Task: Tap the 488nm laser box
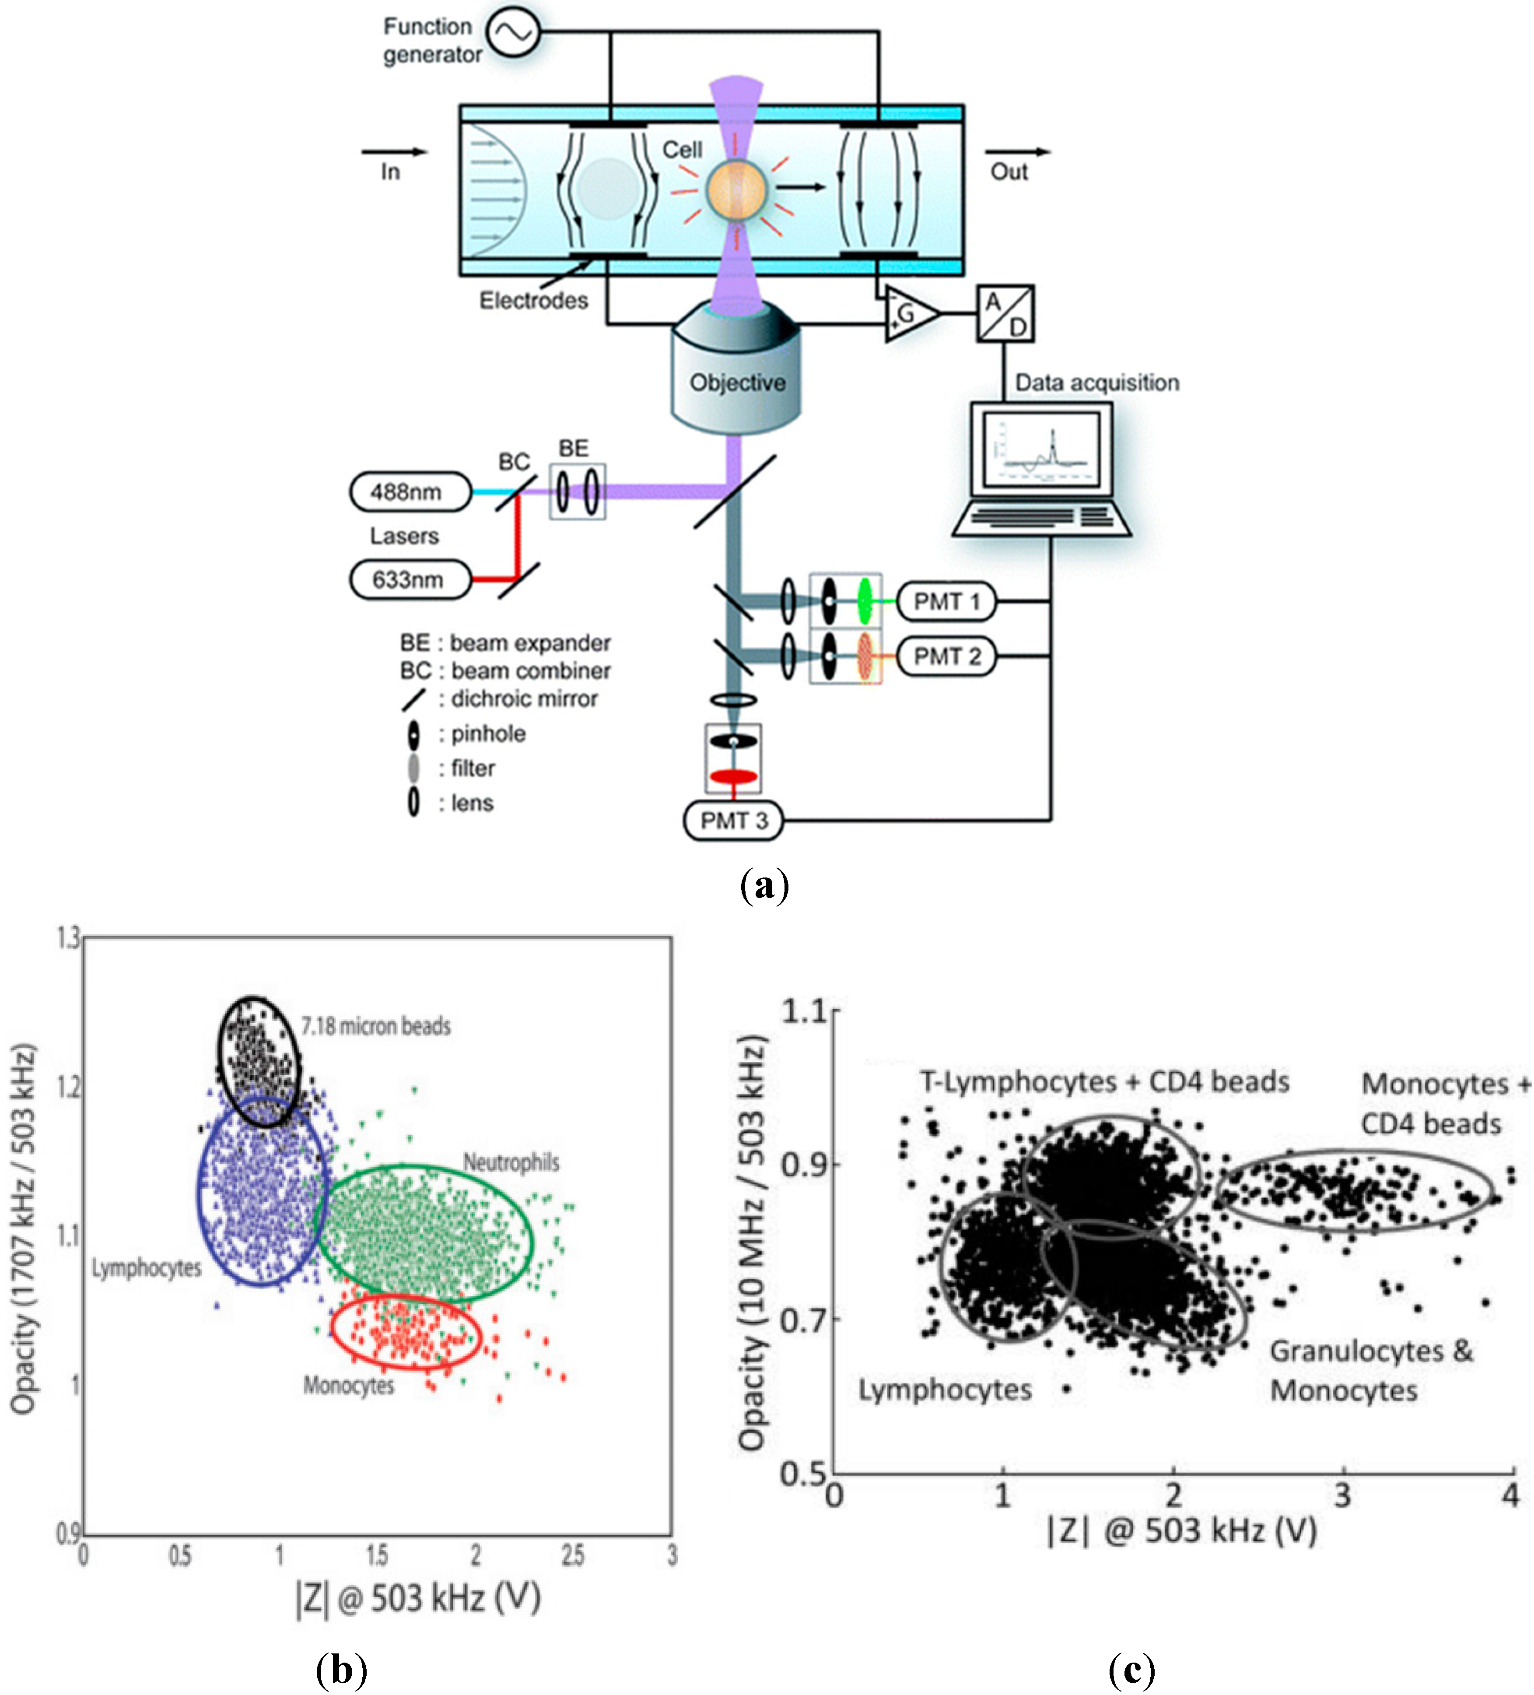tap(410, 492)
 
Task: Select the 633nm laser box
tap(410, 579)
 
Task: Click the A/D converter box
tap(1005, 314)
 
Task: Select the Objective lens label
tap(737, 383)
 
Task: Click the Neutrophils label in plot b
tap(511, 1163)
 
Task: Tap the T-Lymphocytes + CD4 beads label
tap(1103, 1081)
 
